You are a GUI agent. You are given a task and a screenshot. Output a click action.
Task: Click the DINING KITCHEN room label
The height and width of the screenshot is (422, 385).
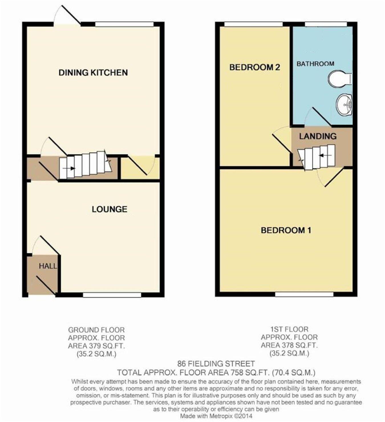93,72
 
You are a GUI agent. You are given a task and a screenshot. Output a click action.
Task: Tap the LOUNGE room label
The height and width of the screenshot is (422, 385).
109,209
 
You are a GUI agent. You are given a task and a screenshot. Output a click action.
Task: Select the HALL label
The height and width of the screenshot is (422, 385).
48,266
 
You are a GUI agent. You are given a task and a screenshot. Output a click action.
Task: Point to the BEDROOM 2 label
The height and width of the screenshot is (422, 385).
254,67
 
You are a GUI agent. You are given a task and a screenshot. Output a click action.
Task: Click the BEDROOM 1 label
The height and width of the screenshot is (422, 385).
286,230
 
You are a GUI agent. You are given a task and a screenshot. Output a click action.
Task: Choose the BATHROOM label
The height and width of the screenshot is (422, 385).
315,64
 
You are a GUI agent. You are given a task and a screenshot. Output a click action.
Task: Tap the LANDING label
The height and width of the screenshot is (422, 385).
318,136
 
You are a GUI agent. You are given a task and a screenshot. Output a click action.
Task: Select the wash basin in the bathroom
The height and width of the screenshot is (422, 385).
344,105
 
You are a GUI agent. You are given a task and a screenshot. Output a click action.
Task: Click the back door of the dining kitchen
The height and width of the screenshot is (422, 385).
67,16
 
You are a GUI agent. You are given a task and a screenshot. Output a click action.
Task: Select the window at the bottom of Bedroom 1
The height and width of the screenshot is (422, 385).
304,294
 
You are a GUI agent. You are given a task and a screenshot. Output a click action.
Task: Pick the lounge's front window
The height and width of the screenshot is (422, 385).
112,295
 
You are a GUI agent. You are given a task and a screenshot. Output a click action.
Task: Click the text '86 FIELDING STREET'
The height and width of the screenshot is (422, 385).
216,364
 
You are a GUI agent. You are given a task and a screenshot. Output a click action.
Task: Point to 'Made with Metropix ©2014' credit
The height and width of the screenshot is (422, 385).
216,416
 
